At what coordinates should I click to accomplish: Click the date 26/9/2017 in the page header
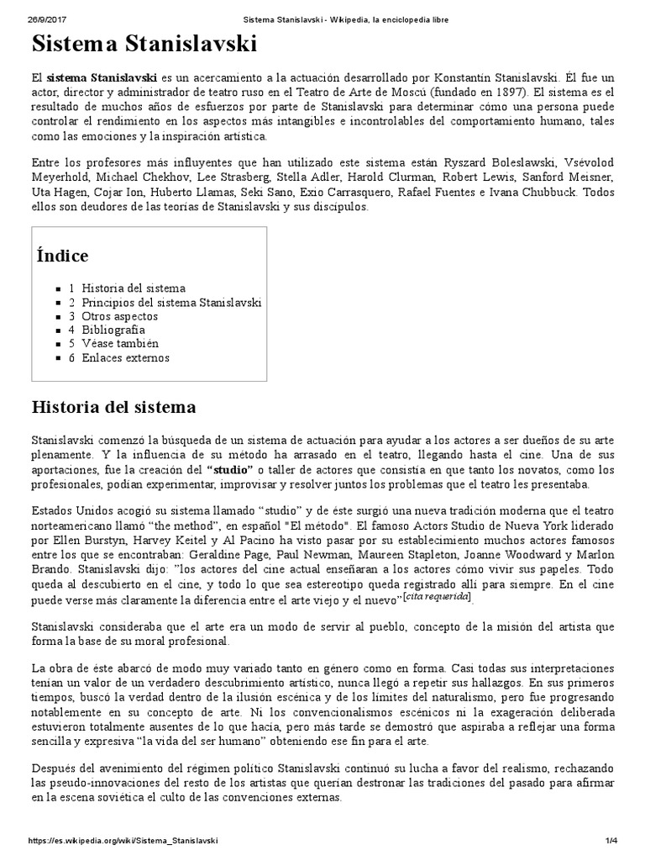pyautogui.click(x=45, y=18)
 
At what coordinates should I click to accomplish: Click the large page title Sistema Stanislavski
pyautogui.click(x=144, y=45)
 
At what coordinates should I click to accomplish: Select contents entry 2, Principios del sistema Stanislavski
pyautogui.click(x=165, y=302)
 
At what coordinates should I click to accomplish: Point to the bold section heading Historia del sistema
pyautogui.click(x=113, y=408)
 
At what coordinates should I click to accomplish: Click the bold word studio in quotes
pyautogui.click(x=230, y=469)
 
